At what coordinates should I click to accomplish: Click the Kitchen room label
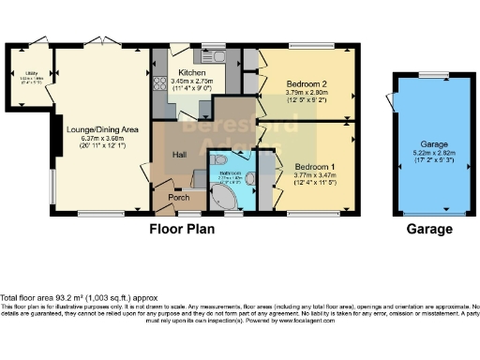click(x=192, y=72)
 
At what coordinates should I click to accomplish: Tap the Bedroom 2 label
click(x=307, y=83)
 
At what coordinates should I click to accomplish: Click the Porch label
click(x=178, y=197)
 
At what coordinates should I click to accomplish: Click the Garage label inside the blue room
click(x=429, y=147)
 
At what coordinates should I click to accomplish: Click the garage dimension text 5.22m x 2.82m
click(x=429, y=157)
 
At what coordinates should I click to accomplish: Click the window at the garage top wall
click(x=432, y=74)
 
